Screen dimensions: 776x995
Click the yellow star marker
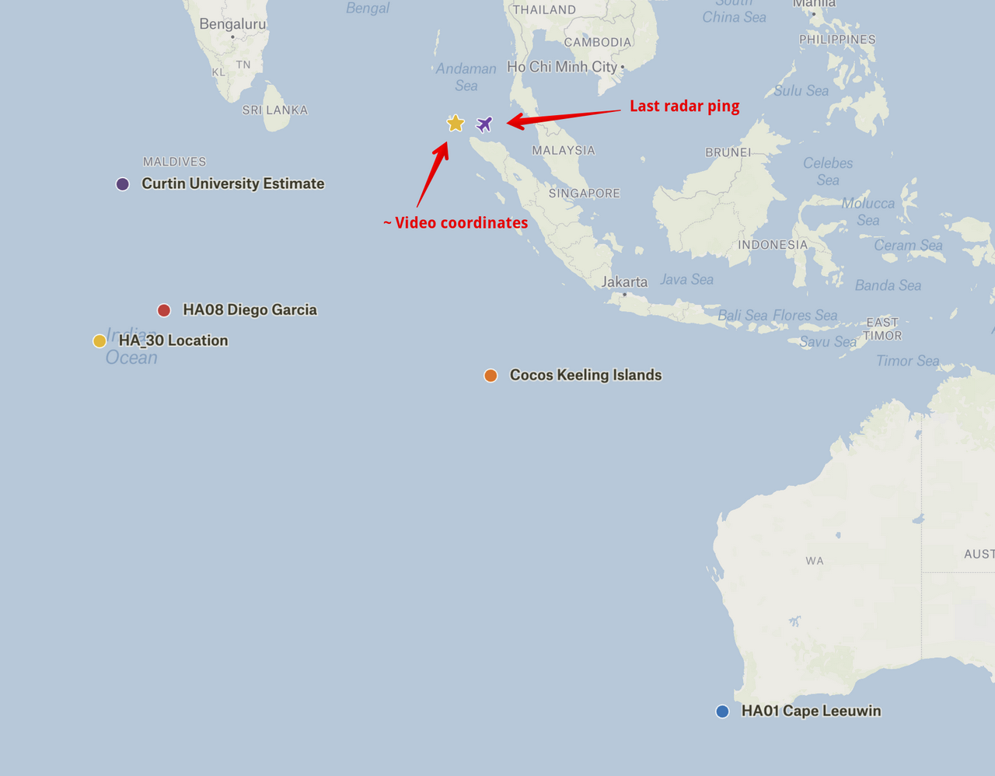(x=456, y=123)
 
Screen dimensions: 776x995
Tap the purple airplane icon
(x=484, y=124)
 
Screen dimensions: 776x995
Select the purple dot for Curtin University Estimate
(x=122, y=184)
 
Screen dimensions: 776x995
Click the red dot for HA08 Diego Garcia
(x=164, y=310)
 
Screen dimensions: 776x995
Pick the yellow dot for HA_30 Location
(x=99, y=341)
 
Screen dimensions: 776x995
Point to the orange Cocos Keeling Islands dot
(x=491, y=376)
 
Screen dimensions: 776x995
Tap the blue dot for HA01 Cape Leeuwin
(x=722, y=711)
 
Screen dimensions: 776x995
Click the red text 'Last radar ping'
(x=684, y=107)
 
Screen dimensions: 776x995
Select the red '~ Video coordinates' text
(x=456, y=223)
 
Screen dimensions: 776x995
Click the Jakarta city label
(x=624, y=281)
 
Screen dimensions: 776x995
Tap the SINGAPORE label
(x=584, y=194)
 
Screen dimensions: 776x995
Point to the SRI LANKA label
(x=274, y=110)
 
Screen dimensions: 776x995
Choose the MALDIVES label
(x=174, y=162)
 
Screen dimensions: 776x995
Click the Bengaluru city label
(x=232, y=24)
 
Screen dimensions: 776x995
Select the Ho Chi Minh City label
(x=562, y=67)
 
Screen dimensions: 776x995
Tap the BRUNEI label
(x=728, y=152)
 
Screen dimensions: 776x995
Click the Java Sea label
(x=686, y=279)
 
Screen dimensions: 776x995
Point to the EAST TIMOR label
(x=882, y=329)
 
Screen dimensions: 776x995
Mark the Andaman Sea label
(x=466, y=77)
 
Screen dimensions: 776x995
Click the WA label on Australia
(x=814, y=561)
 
